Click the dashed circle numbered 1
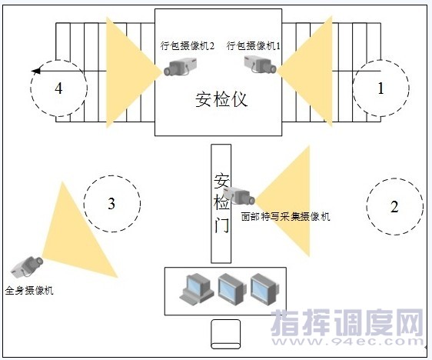point(353,88)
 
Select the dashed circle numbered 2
point(367,207)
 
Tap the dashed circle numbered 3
point(84,203)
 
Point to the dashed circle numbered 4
point(31,88)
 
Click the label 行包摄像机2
point(188,45)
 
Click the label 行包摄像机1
point(254,45)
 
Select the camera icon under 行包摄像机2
point(180,67)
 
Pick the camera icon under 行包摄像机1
point(261,65)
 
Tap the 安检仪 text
point(221,99)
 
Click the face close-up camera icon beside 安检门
point(239,195)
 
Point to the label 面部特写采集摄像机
point(285,217)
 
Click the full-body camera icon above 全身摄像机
point(27,266)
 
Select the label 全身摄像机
point(29,291)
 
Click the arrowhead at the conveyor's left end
point(36,71)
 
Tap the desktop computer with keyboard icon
point(197,288)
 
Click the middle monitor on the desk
point(231,288)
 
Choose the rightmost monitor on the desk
point(264,288)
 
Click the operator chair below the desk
point(225,334)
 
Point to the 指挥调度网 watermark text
point(347,322)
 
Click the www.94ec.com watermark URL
point(347,342)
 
